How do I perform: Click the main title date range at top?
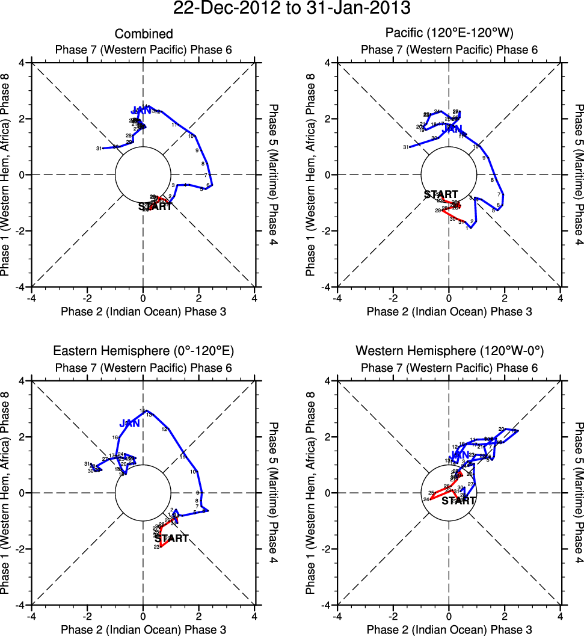pyautogui.click(x=292, y=9)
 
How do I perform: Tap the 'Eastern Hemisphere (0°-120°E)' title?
pyautogui.click(x=143, y=351)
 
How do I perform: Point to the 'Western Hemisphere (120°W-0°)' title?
pyautogui.click(x=449, y=351)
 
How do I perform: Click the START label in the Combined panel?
pyautogui.click(x=155, y=206)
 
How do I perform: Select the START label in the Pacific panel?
pyautogui.click(x=441, y=194)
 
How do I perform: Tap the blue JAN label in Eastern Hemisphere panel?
pyautogui.click(x=129, y=424)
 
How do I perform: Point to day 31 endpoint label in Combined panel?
pyautogui.click(x=99, y=149)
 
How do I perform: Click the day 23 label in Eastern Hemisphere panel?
pyautogui.click(x=157, y=547)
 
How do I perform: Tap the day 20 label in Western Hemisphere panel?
pyautogui.click(x=501, y=429)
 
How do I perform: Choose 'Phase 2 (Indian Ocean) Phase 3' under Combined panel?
pyautogui.click(x=143, y=311)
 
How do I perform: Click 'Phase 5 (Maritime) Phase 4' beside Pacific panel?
pyautogui.click(x=579, y=174)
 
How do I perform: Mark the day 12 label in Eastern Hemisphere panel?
pyautogui.click(x=164, y=429)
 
